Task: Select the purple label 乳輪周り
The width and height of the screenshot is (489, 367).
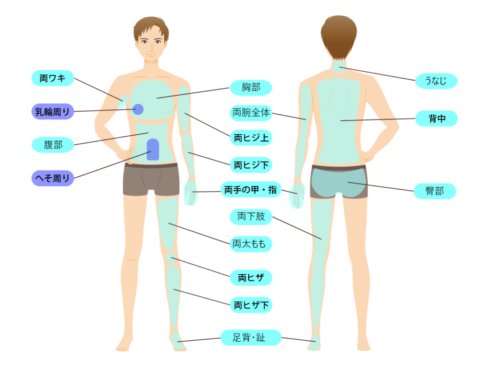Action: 53,112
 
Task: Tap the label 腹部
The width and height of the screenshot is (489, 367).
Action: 53,144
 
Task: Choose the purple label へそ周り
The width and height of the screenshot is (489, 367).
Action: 53,178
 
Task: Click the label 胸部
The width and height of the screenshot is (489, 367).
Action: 251,87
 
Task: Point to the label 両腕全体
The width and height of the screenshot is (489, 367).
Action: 251,113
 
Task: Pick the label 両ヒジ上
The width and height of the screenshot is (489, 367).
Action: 251,138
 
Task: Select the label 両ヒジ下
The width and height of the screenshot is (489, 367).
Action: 251,165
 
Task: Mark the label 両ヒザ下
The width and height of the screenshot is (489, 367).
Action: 251,304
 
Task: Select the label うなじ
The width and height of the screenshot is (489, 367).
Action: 436,81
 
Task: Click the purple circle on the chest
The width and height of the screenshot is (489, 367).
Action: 138,109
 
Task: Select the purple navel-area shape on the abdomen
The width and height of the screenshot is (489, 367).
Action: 153,149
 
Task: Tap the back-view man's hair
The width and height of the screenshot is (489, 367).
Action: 339,33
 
